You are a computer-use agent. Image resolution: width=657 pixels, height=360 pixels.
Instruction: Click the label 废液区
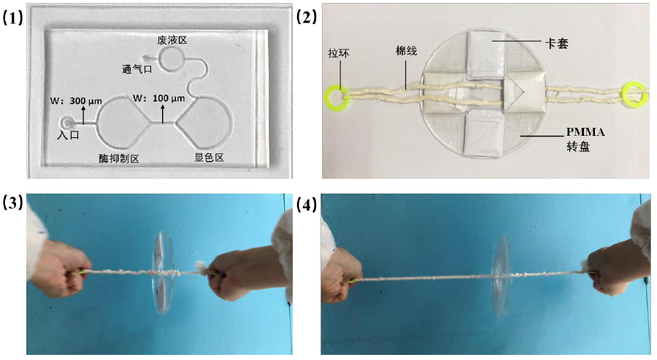172,40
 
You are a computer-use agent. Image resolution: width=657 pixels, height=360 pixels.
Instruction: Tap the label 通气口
137,69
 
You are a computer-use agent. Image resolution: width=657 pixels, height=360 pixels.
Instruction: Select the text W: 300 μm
76,101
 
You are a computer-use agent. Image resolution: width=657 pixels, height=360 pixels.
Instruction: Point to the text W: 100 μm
159,98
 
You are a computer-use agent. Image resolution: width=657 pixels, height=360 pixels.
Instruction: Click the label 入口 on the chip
69,135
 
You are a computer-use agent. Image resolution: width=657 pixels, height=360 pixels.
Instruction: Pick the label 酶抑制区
118,158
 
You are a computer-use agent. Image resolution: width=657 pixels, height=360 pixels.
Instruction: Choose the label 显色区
209,157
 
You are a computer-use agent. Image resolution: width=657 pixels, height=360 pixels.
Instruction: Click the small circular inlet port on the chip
66,123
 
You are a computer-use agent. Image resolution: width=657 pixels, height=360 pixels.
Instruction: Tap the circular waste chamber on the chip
171,58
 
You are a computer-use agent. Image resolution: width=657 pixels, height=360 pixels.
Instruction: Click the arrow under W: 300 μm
83,115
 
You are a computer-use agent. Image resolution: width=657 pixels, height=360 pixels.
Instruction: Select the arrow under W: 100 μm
163,114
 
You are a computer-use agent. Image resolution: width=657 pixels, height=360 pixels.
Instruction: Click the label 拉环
339,53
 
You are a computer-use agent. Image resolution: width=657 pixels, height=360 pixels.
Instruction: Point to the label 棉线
406,51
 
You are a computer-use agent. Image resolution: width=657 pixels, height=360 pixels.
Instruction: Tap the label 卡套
556,43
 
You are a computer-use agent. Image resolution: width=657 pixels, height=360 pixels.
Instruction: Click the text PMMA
585,132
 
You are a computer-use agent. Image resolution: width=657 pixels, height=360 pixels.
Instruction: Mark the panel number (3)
12,203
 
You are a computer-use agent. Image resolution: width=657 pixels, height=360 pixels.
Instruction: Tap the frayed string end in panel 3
200,267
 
